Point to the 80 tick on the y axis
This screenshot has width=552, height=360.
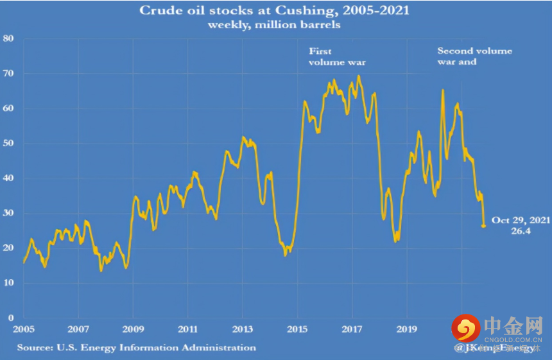[10, 39]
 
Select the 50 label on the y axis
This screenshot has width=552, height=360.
[10, 143]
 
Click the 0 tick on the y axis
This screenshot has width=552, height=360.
[12, 318]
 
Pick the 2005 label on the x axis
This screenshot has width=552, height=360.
[23, 329]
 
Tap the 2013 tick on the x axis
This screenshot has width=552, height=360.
[242, 329]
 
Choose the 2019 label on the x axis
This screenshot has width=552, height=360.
[406, 329]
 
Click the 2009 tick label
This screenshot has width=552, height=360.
[133, 329]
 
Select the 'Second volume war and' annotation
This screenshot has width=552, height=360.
[474, 56]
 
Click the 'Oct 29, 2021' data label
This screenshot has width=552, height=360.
[519, 220]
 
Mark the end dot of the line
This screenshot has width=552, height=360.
[483, 225]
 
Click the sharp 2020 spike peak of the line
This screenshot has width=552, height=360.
[442, 90]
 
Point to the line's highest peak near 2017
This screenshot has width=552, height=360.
[359, 76]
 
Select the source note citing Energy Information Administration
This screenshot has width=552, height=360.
[136, 348]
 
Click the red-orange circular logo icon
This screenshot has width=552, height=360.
[465, 328]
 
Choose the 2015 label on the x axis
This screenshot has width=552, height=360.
[297, 329]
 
